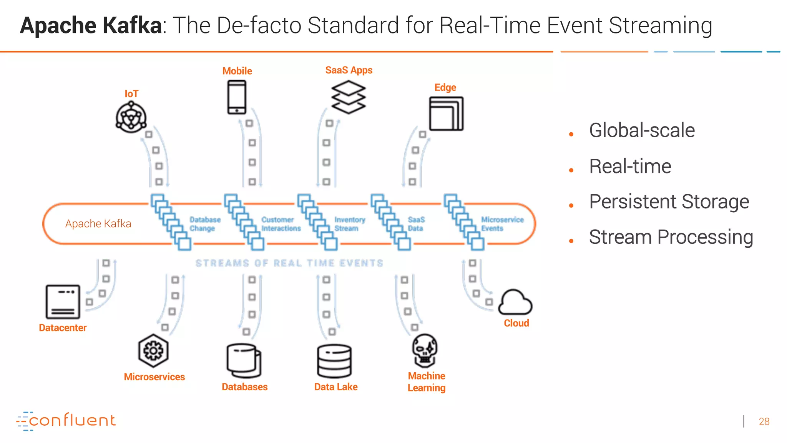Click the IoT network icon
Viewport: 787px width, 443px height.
pyautogui.click(x=131, y=117)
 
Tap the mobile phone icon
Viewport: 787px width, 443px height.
pyautogui.click(x=236, y=97)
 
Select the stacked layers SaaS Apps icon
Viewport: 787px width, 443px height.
pyautogui.click(x=349, y=97)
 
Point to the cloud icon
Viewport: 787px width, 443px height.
pyautogui.click(x=515, y=303)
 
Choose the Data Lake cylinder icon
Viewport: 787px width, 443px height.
pyautogui.click(x=334, y=361)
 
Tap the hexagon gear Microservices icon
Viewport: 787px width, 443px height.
pyautogui.click(x=153, y=351)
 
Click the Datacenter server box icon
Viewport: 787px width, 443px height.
pyautogui.click(x=63, y=302)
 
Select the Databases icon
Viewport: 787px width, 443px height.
pyautogui.click(x=244, y=361)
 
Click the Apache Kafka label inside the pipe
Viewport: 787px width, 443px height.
pyautogui.click(x=98, y=223)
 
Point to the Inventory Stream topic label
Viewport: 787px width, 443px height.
pyautogui.click(x=349, y=224)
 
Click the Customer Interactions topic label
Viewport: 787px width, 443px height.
pyautogui.click(x=281, y=224)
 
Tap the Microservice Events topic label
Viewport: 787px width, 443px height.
pyautogui.click(x=502, y=224)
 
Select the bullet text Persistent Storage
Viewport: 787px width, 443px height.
pyautogui.click(x=669, y=202)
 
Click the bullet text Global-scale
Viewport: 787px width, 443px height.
pyautogui.click(x=642, y=130)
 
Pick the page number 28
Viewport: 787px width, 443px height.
pyautogui.click(x=764, y=421)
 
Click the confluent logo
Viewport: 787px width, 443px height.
pyautogui.click(x=66, y=421)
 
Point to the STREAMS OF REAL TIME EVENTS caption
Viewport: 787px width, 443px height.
pyautogui.click(x=289, y=263)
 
